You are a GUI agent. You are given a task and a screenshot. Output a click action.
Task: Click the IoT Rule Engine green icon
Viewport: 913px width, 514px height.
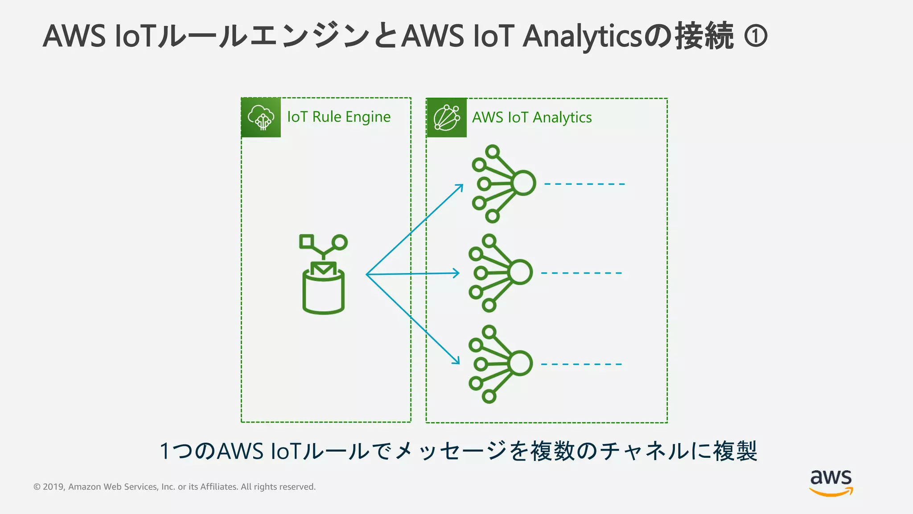coord(261,117)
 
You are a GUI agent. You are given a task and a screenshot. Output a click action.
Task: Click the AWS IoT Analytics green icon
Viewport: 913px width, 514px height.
coord(447,118)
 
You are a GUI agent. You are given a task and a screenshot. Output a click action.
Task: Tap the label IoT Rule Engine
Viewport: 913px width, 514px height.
coord(339,117)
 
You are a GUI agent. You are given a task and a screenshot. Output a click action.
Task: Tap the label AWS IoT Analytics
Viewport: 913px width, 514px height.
coord(532,117)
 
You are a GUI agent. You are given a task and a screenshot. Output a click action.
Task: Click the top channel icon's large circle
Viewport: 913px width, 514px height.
coord(524,183)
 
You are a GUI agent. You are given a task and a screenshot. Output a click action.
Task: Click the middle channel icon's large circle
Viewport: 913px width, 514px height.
coord(520,272)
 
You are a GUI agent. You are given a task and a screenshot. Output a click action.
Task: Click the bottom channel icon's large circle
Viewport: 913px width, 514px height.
coord(520,363)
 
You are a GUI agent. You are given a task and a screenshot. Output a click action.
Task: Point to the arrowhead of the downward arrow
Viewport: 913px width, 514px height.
coord(458,362)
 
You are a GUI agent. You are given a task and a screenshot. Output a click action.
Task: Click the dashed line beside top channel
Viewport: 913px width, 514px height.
coord(584,184)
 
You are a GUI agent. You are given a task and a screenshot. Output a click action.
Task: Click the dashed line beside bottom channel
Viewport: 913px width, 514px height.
coord(581,364)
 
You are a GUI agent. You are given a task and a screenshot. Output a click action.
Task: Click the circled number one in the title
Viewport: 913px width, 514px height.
coord(756,36)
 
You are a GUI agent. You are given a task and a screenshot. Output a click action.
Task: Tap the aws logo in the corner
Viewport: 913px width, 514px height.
coord(831,482)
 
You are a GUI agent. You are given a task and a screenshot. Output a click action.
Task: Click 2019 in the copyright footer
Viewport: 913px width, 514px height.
coord(53,487)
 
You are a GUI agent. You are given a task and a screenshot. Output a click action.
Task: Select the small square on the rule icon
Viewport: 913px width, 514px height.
coord(306,241)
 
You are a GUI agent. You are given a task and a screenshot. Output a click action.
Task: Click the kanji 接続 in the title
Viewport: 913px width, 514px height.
coord(704,36)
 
